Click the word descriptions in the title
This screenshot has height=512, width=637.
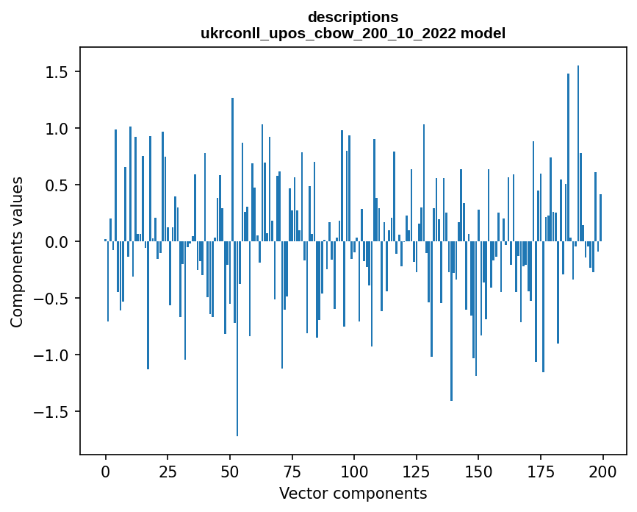[x=353, y=16]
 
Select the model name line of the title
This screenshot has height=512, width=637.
[x=353, y=33]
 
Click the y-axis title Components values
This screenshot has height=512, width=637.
[x=16, y=252]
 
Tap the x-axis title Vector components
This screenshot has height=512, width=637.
[x=353, y=493]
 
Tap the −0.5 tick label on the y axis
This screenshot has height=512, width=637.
[x=53, y=299]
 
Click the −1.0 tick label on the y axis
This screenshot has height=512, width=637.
[x=53, y=355]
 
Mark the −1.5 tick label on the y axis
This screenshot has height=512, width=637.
[x=53, y=412]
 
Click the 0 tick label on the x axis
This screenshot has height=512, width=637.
[x=105, y=471]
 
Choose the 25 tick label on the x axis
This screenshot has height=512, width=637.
[x=168, y=471]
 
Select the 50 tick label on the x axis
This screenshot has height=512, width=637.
[x=229, y=471]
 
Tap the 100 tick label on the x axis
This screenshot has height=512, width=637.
[x=354, y=471]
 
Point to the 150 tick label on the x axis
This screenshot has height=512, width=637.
[x=478, y=471]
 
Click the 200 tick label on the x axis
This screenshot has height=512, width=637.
[x=602, y=471]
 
